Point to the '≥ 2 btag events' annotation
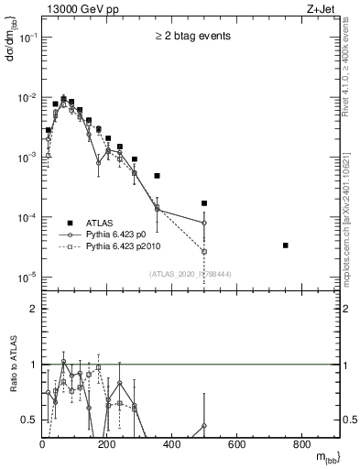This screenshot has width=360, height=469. pyautogui.click(x=192, y=36)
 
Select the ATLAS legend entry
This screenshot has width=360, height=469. pyautogui.click(x=99, y=223)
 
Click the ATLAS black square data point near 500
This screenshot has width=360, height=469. pyautogui.click(x=204, y=203)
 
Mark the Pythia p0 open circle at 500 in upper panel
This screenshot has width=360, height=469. pyautogui.click(x=204, y=223)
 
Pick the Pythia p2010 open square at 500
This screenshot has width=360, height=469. pyautogui.click(x=204, y=251)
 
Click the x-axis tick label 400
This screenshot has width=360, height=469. pyautogui.click(x=172, y=446)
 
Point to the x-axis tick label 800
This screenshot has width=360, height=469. pyautogui.click(x=301, y=446)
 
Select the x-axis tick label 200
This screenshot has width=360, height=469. pyautogui.click(x=107, y=446)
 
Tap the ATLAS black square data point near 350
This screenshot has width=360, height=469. pyautogui.click(x=157, y=176)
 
